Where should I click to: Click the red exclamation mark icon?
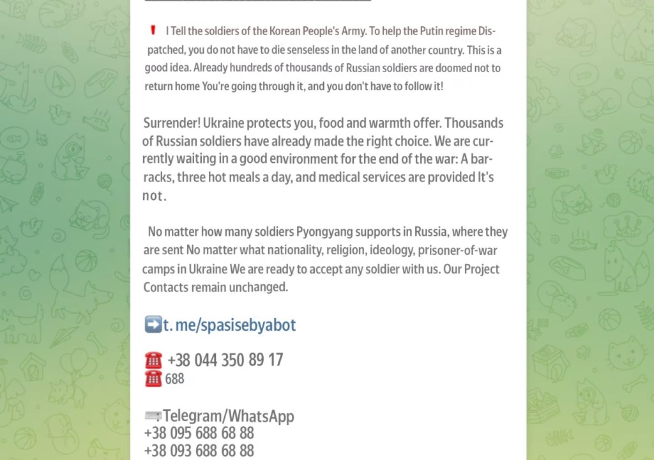click(x=153, y=30)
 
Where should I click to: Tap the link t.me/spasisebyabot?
click(x=229, y=325)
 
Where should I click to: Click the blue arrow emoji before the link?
click(x=153, y=325)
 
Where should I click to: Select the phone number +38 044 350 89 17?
click(x=225, y=360)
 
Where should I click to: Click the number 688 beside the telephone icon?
click(x=174, y=379)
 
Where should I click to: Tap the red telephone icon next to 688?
click(x=153, y=379)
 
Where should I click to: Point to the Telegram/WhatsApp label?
click(x=228, y=417)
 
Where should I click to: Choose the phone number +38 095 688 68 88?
click(x=199, y=434)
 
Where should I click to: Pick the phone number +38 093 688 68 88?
click(x=199, y=451)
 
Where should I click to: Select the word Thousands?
click(x=474, y=123)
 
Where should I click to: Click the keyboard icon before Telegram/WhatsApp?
click(x=153, y=417)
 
